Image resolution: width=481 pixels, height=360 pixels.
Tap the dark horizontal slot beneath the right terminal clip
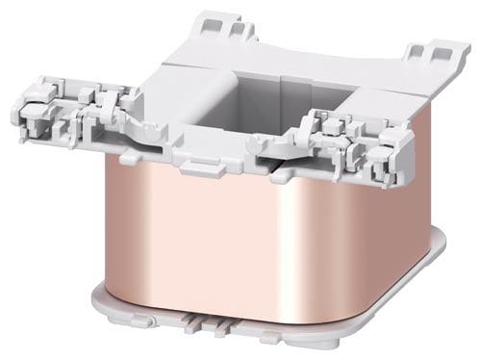click(x=298, y=173)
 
